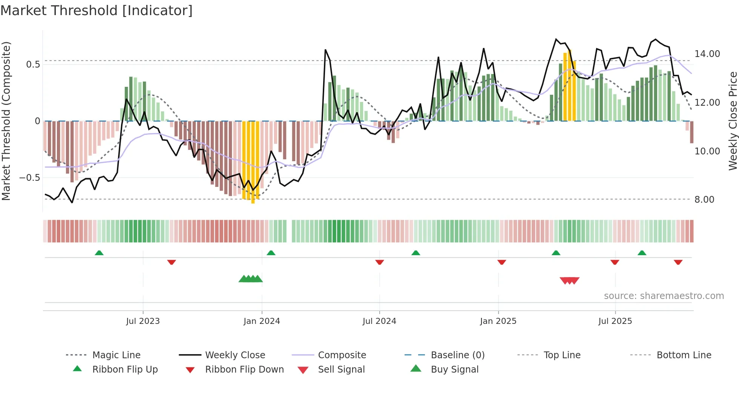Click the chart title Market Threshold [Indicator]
click(x=97, y=11)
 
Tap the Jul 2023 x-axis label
click(x=143, y=321)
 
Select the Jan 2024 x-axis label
click(x=262, y=321)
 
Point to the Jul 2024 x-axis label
click(x=379, y=321)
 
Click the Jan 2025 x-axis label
click(x=498, y=321)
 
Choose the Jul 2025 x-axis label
click(x=615, y=321)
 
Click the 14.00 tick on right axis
click(x=707, y=54)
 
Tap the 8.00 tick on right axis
click(x=704, y=200)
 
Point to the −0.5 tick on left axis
click(x=29, y=178)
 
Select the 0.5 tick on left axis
click(x=33, y=65)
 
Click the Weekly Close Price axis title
click(x=733, y=121)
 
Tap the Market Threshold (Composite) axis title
click(x=6, y=121)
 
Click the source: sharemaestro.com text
click(x=664, y=296)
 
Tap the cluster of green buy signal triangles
click(x=251, y=279)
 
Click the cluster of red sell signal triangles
click(x=569, y=280)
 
